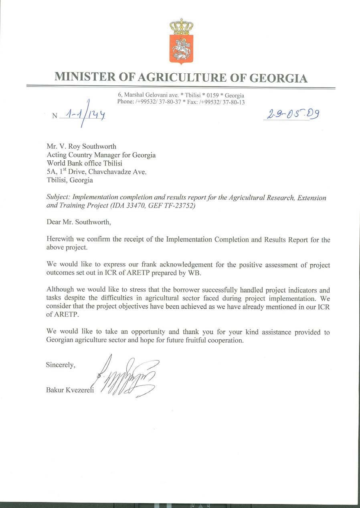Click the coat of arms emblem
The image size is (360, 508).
tap(181, 41)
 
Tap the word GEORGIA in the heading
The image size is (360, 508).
tap(278, 77)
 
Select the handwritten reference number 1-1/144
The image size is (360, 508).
tap(85, 115)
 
